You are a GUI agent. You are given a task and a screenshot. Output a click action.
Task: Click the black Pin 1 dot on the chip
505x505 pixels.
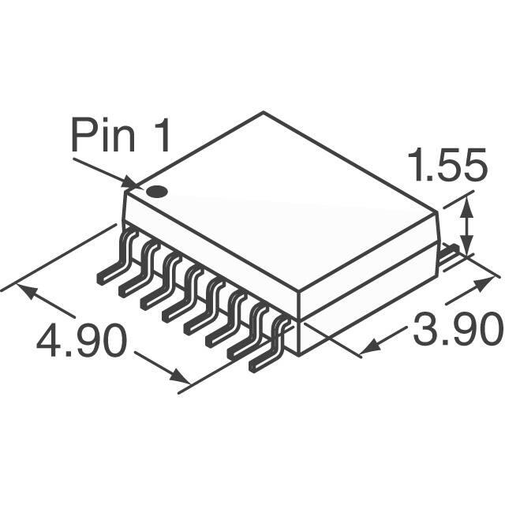(158, 190)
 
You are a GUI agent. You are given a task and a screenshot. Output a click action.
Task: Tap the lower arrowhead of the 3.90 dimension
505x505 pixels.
(368, 346)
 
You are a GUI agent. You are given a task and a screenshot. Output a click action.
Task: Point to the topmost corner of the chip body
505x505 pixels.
(263, 113)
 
